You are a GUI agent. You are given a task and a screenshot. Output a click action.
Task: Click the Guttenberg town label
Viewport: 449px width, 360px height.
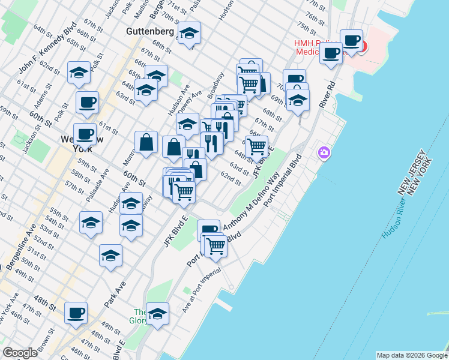[150, 31]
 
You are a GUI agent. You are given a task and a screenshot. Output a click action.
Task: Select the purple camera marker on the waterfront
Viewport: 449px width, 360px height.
[324, 154]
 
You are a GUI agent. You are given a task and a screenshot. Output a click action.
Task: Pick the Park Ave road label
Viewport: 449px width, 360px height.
[114, 295]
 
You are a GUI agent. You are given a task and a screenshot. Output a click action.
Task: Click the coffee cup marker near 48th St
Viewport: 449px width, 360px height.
[76, 313]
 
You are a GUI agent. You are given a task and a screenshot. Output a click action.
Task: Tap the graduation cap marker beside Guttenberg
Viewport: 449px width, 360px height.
[190, 34]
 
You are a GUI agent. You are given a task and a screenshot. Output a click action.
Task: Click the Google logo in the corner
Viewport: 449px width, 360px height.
[20, 353]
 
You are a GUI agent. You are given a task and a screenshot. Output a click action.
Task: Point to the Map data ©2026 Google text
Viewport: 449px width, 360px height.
[411, 355]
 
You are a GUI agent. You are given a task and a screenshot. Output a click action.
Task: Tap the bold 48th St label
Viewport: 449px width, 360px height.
[45, 299]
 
